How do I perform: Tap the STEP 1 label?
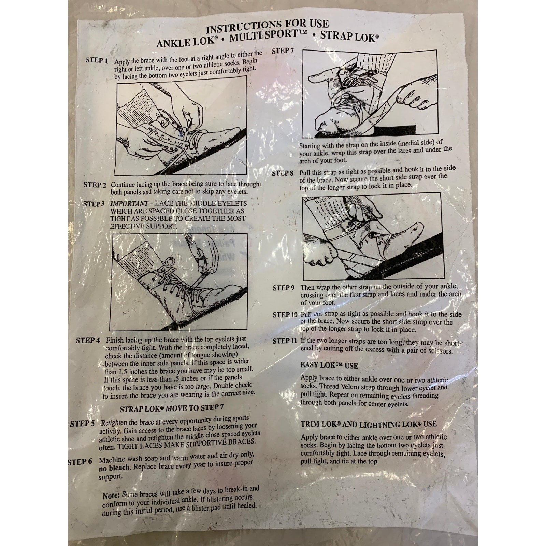(x=97, y=61)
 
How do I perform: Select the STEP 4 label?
(x=88, y=341)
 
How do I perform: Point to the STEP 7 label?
(x=283, y=51)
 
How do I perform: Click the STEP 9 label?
(x=284, y=288)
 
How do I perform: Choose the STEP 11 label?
(x=285, y=341)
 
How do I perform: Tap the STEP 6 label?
(x=80, y=462)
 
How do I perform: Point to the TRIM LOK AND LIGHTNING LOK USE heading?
(x=369, y=424)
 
